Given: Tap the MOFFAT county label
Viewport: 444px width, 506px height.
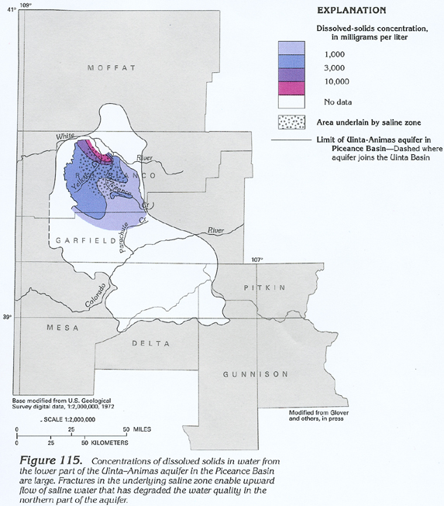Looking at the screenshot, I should (x=112, y=68).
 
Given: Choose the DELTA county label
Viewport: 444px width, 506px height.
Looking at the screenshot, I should (x=148, y=342).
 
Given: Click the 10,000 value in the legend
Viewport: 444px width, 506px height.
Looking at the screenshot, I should (x=336, y=81).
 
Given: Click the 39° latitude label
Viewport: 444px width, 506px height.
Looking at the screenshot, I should (x=7, y=317).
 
